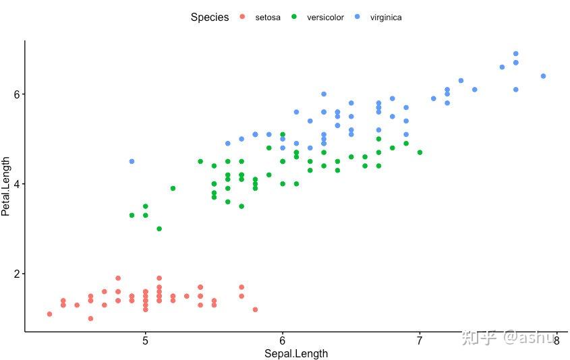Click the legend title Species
pyautogui.click(x=209, y=18)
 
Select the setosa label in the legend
pyautogui.click(x=268, y=18)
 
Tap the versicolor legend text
pyautogui.click(x=325, y=18)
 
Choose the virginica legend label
pyautogui.click(x=386, y=18)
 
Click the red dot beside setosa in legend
pyautogui.click(x=243, y=18)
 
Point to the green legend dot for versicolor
pyautogui.click(x=294, y=18)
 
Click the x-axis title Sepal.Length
pyautogui.click(x=296, y=353)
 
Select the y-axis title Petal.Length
pyautogui.click(x=6, y=186)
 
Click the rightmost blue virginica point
pyautogui.click(x=543, y=76)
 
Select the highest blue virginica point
pyautogui.click(x=516, y=54)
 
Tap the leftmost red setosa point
pyautogui.click(x=49, y=314)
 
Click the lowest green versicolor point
pyautogui.click(x=159, y=229)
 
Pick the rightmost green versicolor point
pyautogui.click(x=420, y=152)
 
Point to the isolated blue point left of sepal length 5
pyautogui.click(x=132, y=162)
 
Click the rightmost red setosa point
pyautogui.click(x=255, y=309)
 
